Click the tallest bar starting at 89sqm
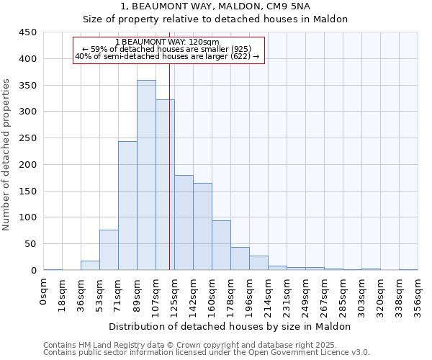(146, 175)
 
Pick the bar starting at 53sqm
(109, 250)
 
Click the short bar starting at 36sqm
(90, 265)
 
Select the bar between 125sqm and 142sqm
(184, 222)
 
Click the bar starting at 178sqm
(240, 258)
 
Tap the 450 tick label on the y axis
(28, 32)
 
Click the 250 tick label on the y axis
(28, 138)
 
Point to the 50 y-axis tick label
(30, 244)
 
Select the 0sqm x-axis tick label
(44, 292)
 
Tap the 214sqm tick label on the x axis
(268, 295)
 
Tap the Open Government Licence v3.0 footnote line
(207, 352)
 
